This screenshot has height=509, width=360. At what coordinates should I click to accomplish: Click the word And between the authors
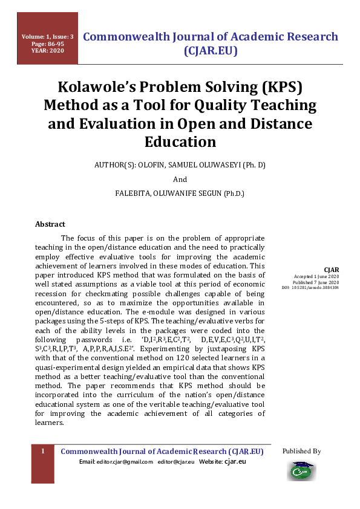tap(180, 180)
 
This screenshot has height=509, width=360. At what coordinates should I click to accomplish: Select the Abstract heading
tap(50, 224)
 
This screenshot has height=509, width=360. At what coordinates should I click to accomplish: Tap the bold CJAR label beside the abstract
tap(332, 270)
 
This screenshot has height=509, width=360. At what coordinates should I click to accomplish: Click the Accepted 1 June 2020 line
tap(316, 277)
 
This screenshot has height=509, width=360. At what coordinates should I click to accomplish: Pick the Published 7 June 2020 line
tap(316, 282)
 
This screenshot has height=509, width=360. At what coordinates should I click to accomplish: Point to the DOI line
tap(310, 288)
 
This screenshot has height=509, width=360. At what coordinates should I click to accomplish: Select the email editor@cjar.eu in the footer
tap(176, 462)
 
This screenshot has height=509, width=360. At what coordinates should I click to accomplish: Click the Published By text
tap(301, 451)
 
